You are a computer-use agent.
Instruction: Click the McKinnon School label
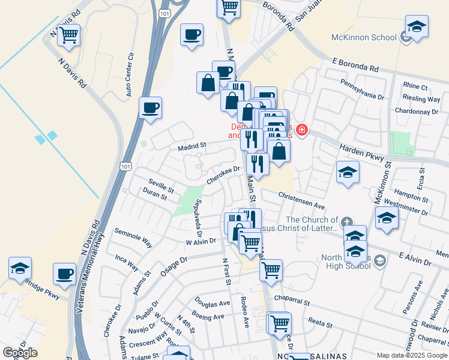[x=364, y=37]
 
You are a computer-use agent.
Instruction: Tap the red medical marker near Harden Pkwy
[x=302, y=130]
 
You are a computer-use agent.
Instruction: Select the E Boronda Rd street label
[x=357, y=65]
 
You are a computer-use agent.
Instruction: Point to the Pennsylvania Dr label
[x=362, y=89]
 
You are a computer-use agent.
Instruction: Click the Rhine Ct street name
[x=415, y=87]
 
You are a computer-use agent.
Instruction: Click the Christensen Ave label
[x=301, y=200]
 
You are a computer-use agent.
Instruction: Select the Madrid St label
[x=191, y=145]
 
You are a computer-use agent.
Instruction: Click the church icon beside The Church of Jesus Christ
[x=346, y=223]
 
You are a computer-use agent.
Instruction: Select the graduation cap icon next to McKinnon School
[x=415, y=27]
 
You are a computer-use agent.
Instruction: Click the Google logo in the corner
[x=20, y=353]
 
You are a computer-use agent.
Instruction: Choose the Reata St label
[x=320, y=322]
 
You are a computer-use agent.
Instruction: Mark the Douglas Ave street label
[x=211, y=302]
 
